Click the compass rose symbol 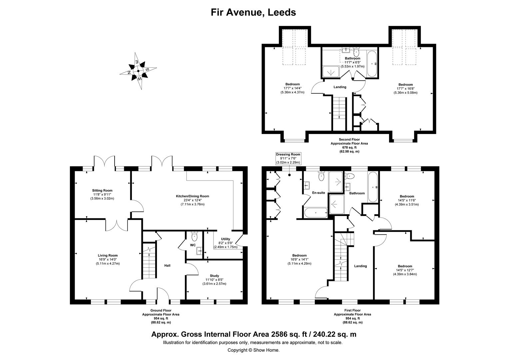click(138, 71)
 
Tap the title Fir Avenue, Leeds click(254, 12)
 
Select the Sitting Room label click(102, 191)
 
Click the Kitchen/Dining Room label click(193, 196)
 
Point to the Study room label click(214, 276)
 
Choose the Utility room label click(226, 239)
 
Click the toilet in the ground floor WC click(195, 237)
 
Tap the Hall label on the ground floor click(167, 266)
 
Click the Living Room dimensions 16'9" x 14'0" click(108, 259)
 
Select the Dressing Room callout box click(288, 159)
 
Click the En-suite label click(318, 193)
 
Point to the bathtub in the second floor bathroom click(372, 64)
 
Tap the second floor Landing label click(340, 87)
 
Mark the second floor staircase click(339, 114)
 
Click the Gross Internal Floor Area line click(254, 334)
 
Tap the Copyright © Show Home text click(254, 350)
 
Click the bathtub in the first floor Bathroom click(373, 187)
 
